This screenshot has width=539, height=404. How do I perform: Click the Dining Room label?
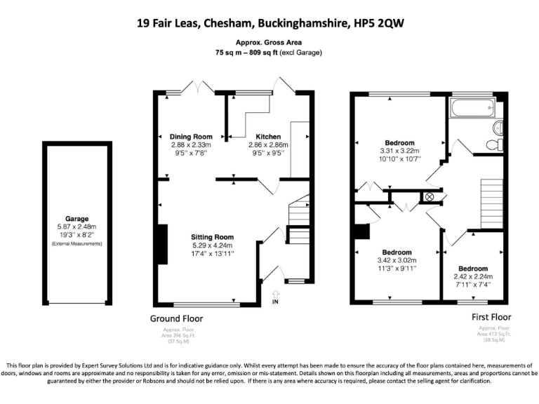[x=191, y=136]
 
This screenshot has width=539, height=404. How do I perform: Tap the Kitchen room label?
[x=268, y=136]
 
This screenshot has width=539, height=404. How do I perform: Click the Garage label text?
[x=77, y=219]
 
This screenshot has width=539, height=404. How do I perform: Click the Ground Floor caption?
[x=177, y=318]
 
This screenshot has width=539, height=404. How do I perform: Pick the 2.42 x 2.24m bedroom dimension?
[x=473, y=276]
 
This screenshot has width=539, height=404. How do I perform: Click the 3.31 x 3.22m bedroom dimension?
[x=399, y=151]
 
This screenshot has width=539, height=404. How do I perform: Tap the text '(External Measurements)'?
[x=77, y=243]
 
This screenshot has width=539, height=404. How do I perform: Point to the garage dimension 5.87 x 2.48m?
[x=77, y=227]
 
